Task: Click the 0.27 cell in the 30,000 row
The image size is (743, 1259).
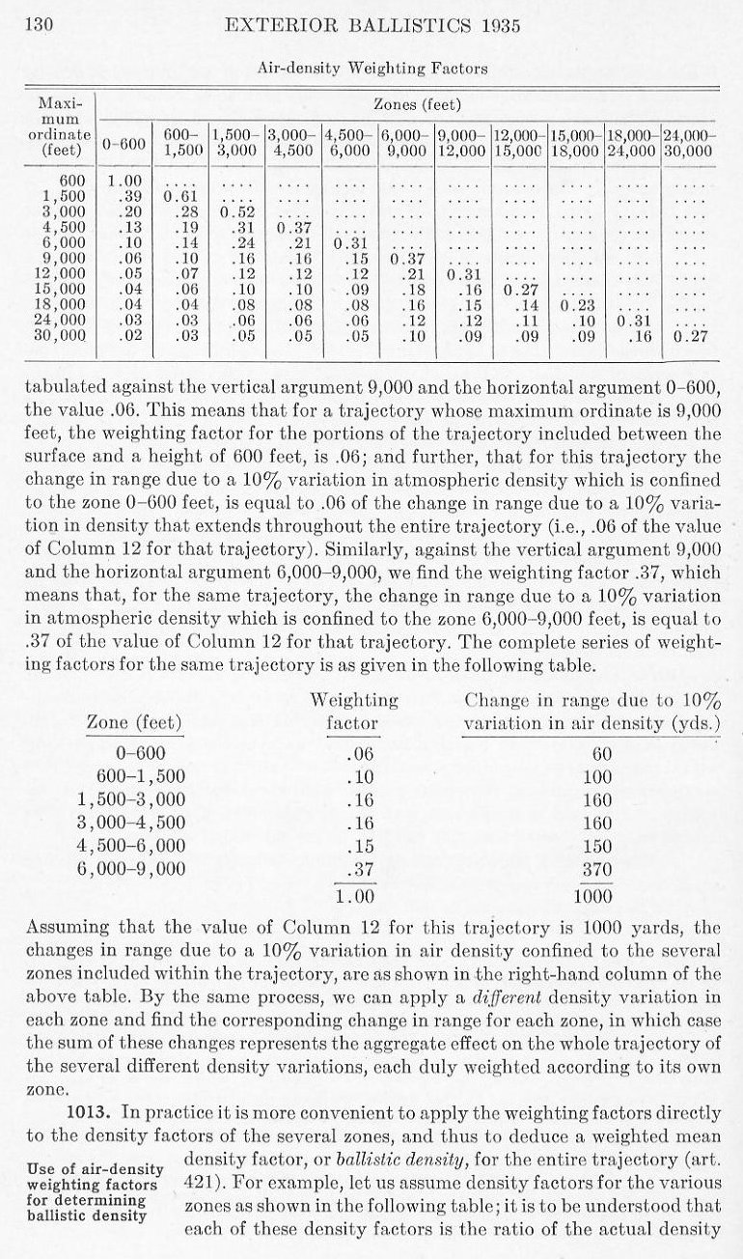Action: coord(689,337)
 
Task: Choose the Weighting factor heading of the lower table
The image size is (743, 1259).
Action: coord(354,711)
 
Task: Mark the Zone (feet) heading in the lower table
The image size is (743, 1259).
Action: coord(134,722)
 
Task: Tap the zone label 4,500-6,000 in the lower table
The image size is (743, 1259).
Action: coord(132,847)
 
